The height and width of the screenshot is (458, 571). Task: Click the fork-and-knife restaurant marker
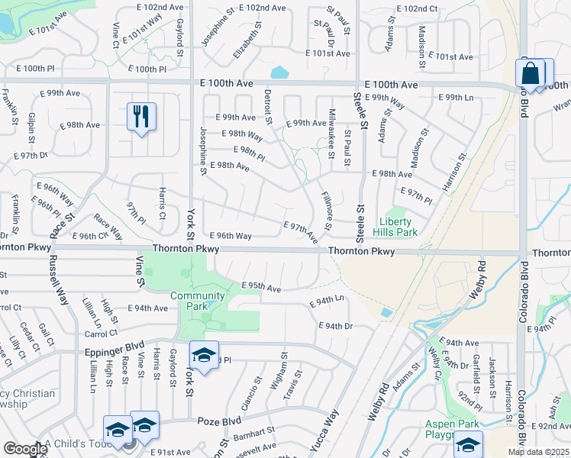point(141,117)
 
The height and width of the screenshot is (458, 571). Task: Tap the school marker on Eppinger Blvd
point(205,355)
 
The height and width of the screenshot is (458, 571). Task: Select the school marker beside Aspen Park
point(469,444)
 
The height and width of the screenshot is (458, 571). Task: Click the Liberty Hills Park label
point(395,227)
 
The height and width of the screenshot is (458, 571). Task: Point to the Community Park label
point(198,301)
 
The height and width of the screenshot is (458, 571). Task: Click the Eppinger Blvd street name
point(114,343)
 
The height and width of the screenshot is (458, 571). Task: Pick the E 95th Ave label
point(261,287)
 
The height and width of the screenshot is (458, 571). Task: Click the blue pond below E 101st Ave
point(280,73)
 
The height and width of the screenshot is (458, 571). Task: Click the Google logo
point(24,449)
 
